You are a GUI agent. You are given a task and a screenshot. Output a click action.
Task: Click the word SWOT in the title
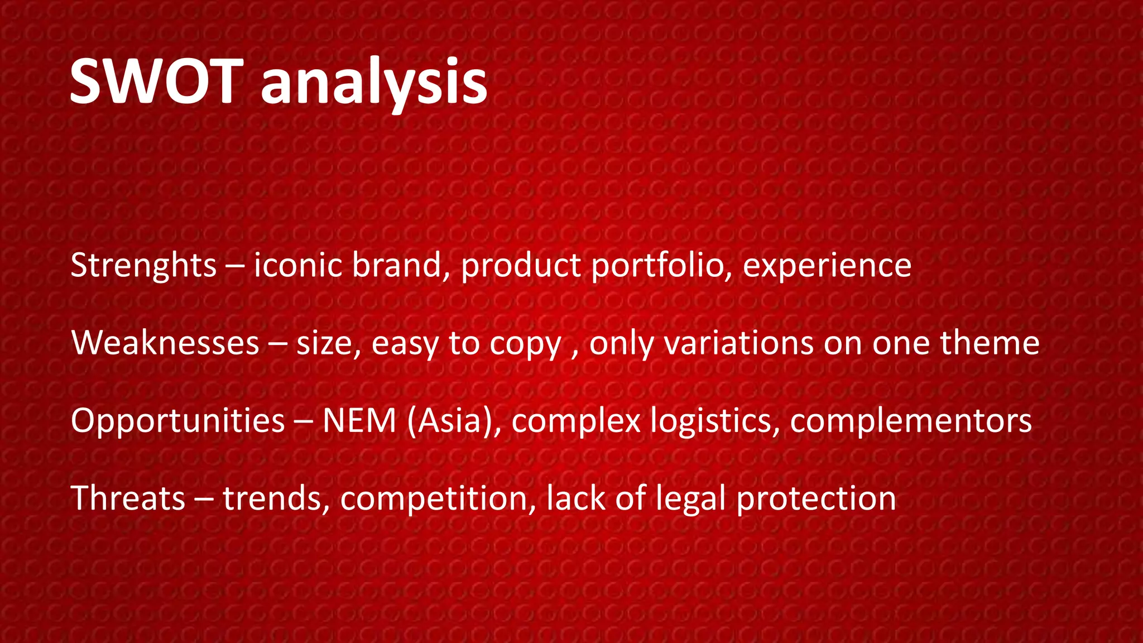(x=156, y=83)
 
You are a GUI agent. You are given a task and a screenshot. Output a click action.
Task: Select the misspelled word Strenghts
(x=143, y=265)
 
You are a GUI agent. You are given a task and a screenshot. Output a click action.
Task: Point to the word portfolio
(x=661, y=266)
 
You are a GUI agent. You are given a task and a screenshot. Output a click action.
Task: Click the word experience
(x=827, y=266)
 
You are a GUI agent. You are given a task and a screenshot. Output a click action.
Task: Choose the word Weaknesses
(x=165, y=343)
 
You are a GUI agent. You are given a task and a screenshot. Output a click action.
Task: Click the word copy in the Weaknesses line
(x=525, y=344)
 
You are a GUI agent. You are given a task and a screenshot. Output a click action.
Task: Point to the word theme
(x=990, y=343)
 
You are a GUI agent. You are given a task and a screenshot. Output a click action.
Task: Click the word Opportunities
(x=178, y=421)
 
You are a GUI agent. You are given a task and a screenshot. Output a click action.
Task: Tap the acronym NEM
(x=359, y=421)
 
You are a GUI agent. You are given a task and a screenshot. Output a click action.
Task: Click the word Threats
(x=128, y=498)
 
